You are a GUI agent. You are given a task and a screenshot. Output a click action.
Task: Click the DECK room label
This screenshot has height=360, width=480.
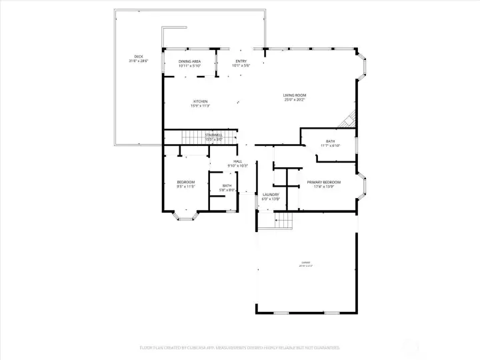tap(138, 57)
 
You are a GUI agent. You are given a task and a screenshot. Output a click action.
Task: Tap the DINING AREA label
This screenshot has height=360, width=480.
tap(189, 61)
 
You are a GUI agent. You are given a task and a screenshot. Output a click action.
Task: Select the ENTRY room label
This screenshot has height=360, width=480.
tap(240, 61)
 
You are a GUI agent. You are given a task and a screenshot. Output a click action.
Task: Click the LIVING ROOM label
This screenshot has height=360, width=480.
tap(294, 95)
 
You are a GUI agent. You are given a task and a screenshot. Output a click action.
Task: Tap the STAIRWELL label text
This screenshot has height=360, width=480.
tap(213, 135)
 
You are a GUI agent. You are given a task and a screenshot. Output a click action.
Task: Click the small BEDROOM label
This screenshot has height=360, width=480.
tap(186, 182)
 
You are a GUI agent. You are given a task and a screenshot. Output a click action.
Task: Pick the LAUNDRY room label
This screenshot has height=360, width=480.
tap(271, 195)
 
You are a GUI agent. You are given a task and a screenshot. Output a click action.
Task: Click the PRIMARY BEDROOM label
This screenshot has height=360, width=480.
tap(323, 182)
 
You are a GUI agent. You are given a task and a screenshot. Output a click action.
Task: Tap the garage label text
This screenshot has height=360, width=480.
tap(306, 264)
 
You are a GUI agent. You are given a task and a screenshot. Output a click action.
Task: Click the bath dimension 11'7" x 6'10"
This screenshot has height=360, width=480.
tap(331, 145)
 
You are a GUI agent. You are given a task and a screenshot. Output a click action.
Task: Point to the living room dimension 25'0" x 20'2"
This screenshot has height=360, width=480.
tap(294, 100)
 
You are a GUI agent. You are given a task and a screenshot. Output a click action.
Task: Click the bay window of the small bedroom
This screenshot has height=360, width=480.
tap(184, 215)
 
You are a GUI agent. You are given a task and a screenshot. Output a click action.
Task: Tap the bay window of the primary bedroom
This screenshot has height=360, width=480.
tap(362, 186)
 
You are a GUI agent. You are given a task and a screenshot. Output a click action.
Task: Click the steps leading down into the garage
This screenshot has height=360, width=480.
tap(285, 220)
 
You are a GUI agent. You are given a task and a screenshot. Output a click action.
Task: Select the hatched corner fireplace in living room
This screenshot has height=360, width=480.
tap(347, 122)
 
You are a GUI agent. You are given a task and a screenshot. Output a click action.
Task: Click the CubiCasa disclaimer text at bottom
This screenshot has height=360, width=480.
tap(239, 347)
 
